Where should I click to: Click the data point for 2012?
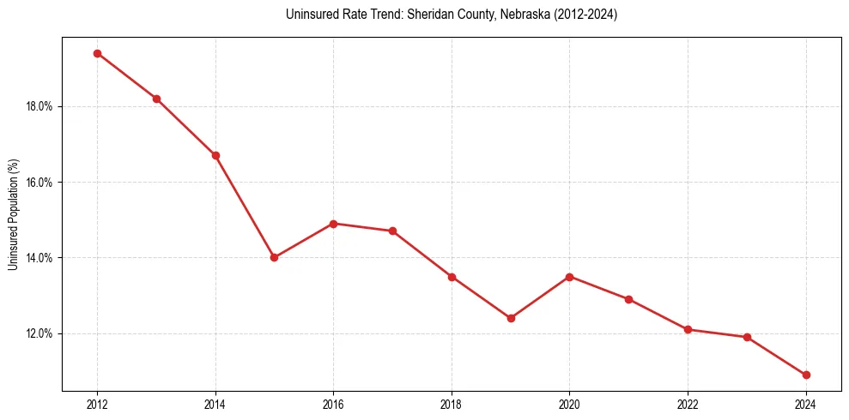[x=97, y=53]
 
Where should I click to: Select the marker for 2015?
[x=275, y=257]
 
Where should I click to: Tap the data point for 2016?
[x=334, y=224]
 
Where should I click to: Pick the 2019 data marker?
[x=511, y=318]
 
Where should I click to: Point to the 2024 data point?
[x=806, y=375]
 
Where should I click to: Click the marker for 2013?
[x=156, y=99]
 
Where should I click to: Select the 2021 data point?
[x=629, y=299]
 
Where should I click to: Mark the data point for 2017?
[x=392, y=231]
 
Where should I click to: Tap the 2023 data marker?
[x=747, y=337]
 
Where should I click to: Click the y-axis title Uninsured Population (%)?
[x=13, y=214]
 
